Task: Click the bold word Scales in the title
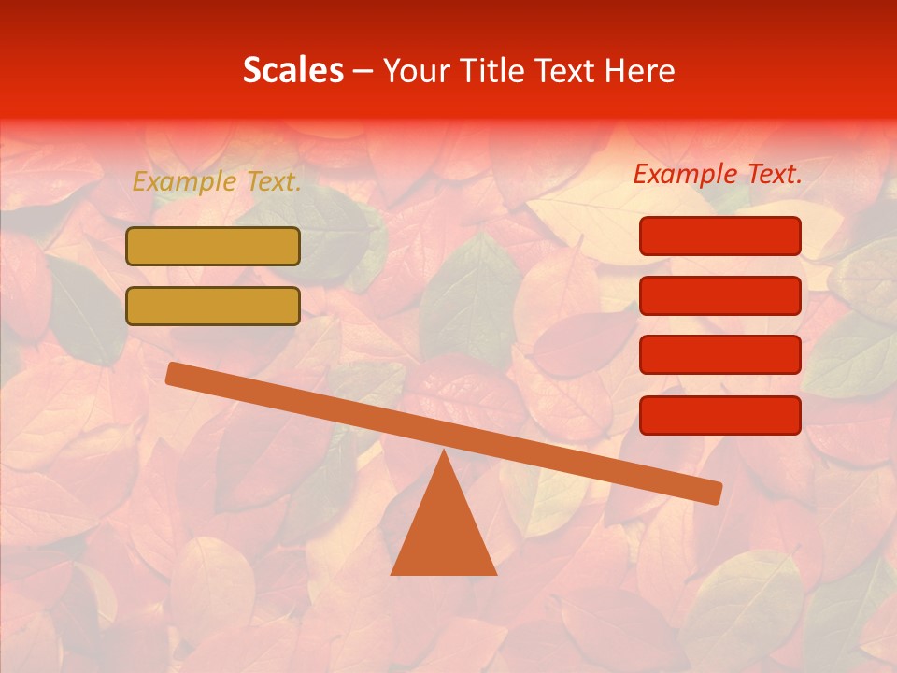pos(292,70)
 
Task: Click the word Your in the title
pos(417,70)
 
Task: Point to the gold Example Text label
pos(217,182)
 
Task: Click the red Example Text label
pos(718,174)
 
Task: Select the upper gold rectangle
pos(213,246)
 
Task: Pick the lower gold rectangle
pos(213,306)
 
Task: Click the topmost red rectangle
pos(720,236)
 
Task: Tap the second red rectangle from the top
pos(720,295)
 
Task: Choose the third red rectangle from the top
pos(720,355)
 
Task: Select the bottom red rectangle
pos(720,415)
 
